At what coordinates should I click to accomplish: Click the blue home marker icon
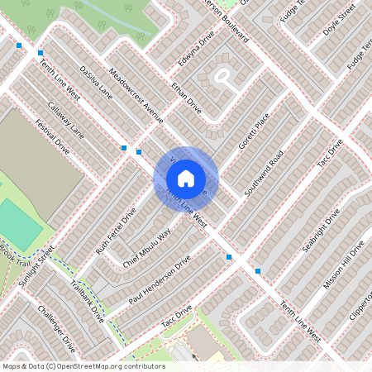(x=186, y=178)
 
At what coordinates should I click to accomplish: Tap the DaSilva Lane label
(x=96, y=83)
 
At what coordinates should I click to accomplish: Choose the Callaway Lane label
(x=65, y=120)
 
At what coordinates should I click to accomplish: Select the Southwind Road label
(x=265, y=173)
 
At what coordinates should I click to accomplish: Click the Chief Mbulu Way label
(x=147, y=247)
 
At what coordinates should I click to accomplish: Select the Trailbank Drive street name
(x=88, y=302)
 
